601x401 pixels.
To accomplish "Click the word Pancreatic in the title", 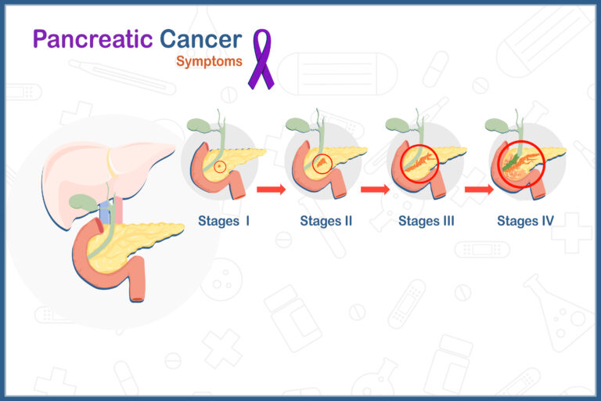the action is pyautogui.click(x=93, y=40).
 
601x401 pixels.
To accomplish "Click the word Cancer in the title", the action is pyautogui.click(x=200, y=39).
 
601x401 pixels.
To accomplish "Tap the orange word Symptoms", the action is pyautogui.click(x=209, y=61).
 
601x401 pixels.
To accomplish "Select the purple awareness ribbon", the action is pyautogui.click(x=261, y=59).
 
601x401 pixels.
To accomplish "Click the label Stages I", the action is pyautogui.click(x=224, y=221).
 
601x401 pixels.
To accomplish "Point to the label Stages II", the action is pyautogui.click(x=326, y=221).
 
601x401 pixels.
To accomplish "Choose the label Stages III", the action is pyautogui.click(x=426, y=221).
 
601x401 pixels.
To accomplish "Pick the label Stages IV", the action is pyautogui.click(x=526, y=221).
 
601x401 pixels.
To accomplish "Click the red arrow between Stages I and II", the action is pyautogui.click(x=272, y=190).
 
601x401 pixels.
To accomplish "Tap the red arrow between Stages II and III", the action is pyautogui.click(x=376, y=190).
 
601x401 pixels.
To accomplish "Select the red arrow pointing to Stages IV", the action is pyautogui.click(x=479, y=190).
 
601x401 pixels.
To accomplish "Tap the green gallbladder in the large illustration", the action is pyautogui.click(x=82, y=203).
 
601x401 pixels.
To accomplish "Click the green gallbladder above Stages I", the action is pyautogui.click(x=198, y=125).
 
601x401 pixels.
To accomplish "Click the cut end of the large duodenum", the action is pyautogui.click(x=138, y=298).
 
